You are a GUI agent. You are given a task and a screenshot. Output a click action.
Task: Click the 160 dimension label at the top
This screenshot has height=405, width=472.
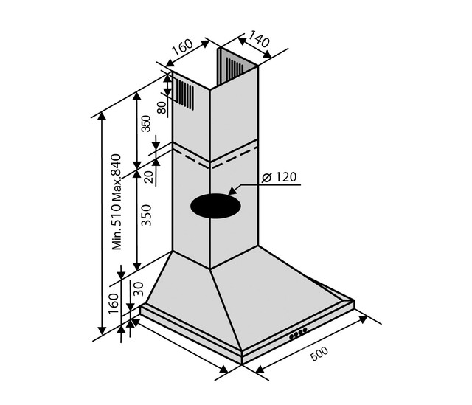point(183,47)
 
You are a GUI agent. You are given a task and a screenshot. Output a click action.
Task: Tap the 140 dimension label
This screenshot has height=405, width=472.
point(259,39)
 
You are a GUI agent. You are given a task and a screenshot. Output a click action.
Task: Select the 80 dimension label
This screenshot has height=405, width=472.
point(162,108)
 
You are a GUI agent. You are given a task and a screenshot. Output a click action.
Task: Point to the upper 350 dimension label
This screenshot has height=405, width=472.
point(146,123)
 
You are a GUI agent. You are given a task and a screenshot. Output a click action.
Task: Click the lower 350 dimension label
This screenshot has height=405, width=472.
point(146,215)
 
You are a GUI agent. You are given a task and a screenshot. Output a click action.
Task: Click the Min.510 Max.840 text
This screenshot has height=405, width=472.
point(117,201)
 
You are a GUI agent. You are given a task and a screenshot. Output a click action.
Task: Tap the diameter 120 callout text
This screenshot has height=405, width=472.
point(279,177)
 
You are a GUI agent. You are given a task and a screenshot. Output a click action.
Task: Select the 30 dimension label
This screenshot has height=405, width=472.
point(139,289)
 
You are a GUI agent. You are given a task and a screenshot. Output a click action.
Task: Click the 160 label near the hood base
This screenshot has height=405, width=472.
point(114,303)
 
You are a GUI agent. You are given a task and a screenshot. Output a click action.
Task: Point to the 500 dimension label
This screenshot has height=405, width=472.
point(319,354)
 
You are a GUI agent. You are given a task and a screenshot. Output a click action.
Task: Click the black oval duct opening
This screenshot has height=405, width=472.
point(215,206)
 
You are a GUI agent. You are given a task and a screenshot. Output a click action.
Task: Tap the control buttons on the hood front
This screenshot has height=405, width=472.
point(298,333)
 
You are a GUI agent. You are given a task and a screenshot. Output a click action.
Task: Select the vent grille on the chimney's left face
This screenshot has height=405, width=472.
point(185,94)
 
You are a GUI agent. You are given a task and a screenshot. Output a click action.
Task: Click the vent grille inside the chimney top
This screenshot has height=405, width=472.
point(235,67)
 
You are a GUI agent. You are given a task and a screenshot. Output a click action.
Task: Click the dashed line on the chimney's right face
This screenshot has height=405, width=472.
point(234,157)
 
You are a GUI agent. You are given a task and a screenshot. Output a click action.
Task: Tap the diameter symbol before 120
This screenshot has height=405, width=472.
point(267,177)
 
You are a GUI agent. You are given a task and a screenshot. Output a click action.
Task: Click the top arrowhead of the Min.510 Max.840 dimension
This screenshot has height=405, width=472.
point(103,117)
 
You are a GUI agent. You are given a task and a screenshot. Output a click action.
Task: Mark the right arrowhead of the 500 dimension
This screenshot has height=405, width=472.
point(364,319)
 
